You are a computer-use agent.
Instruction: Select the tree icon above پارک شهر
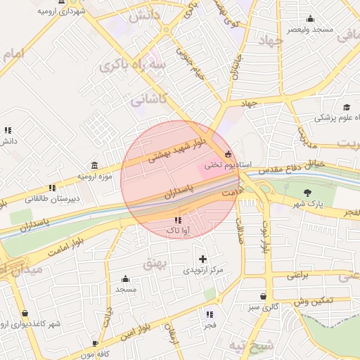307,193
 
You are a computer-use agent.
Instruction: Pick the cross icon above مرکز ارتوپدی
203,259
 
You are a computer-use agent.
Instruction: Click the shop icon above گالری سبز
263,297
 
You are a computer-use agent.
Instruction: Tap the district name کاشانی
148,99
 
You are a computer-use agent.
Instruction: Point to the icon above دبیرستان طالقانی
52,188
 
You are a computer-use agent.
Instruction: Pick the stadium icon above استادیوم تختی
227,154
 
